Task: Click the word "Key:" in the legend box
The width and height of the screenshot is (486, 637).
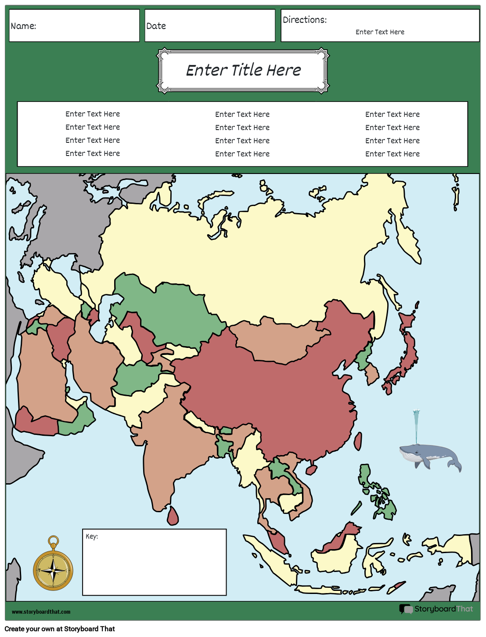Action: coord(92,536)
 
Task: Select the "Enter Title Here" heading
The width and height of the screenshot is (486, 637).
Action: coord(243,70)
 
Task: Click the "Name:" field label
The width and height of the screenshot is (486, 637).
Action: coord(23,26)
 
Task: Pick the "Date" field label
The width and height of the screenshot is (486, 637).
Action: coord(156,26)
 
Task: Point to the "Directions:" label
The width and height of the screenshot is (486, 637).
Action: coord(305,20)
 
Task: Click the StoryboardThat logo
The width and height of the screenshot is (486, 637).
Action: coord(436,609)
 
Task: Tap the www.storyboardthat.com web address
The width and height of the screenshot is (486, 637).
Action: coord(41,612)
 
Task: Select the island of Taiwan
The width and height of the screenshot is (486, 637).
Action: coord(358,441)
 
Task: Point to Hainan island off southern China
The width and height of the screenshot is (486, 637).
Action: coord(311,470)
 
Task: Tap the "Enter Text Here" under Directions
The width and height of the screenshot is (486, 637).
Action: coord(380,32)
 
